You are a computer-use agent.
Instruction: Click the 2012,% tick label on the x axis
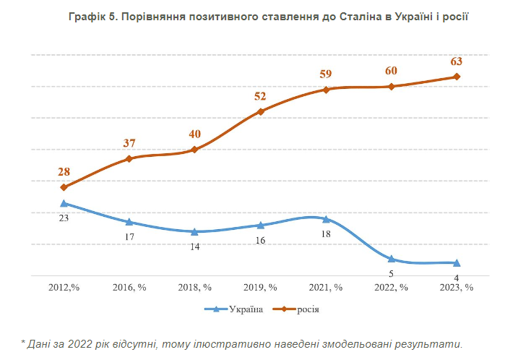pyautogui.click(x=64, y=287)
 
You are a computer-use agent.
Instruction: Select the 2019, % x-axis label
pyautogui.click(x=260, y=287)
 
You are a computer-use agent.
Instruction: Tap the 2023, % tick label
pyautogui.click(x=457, y=287)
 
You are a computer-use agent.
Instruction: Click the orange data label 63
pyautogui.click(x=457, y=61)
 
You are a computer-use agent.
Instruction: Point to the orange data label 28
pyautogui.click(x=64, y=172)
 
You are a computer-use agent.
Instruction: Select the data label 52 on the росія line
pyautogui.click(x=260, y=96)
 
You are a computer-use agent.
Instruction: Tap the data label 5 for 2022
pyautogui.click(x=391, y=273)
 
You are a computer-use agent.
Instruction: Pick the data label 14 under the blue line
pyautogui.click(x=194, y=247)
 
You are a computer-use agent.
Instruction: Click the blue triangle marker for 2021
pyautogui.click(x=326, y=218)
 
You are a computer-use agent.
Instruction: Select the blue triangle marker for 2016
pyautogui.click(x=129, y=222)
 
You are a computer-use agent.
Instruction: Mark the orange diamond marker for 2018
pyautogui.click(x=194, y=150)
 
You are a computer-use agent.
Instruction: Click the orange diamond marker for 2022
pyautogui.click(x=391, y=87)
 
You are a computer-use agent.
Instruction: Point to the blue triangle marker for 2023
pyautogui.click(x=457, y=262)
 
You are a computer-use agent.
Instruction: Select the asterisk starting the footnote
pyautogui.click(x=23, y=343)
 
